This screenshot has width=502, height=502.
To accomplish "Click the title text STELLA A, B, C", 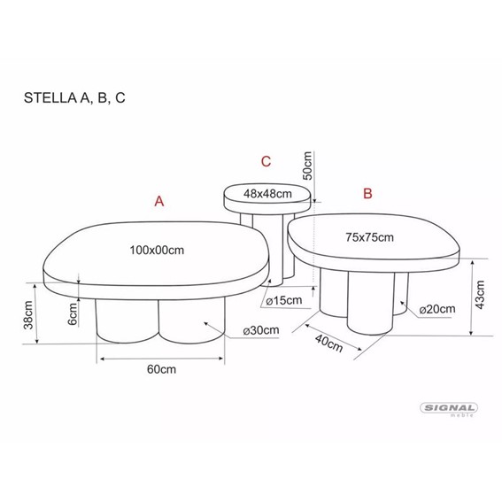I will click(74, 97).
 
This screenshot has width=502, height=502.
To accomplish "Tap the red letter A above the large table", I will click(159, 201).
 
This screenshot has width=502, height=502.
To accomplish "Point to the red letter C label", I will click(266, 161).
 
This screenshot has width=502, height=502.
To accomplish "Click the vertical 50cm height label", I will click(307, 166).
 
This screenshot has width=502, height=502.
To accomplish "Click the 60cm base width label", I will click(159, 370).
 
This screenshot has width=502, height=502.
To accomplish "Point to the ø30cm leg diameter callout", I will click(260, 330).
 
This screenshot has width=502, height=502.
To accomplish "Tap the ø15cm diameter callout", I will click(284, 301).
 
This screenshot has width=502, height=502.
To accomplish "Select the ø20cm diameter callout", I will click(436, 309).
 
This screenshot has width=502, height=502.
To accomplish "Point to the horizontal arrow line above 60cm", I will click(161, 358).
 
